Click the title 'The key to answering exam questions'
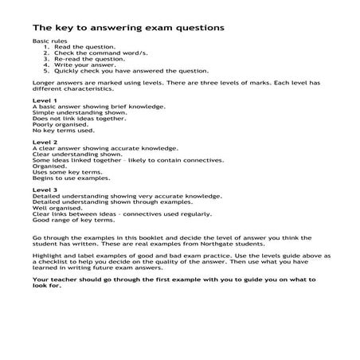pos(127,27)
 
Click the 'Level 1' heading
pos(44,101)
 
